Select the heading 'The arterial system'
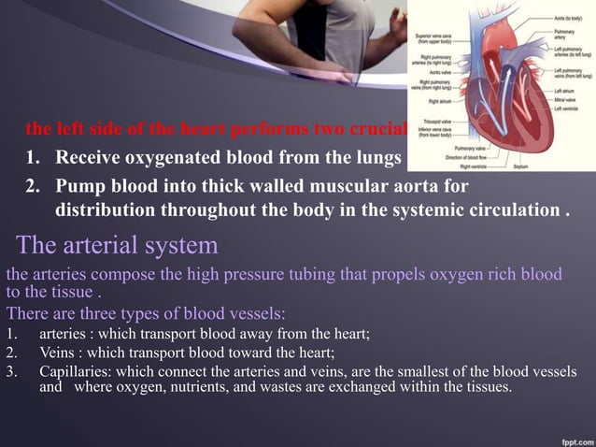click(x=118, y=247)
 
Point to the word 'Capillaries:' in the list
click(x=75, y=373)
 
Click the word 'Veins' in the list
click(x=55, y=353)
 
